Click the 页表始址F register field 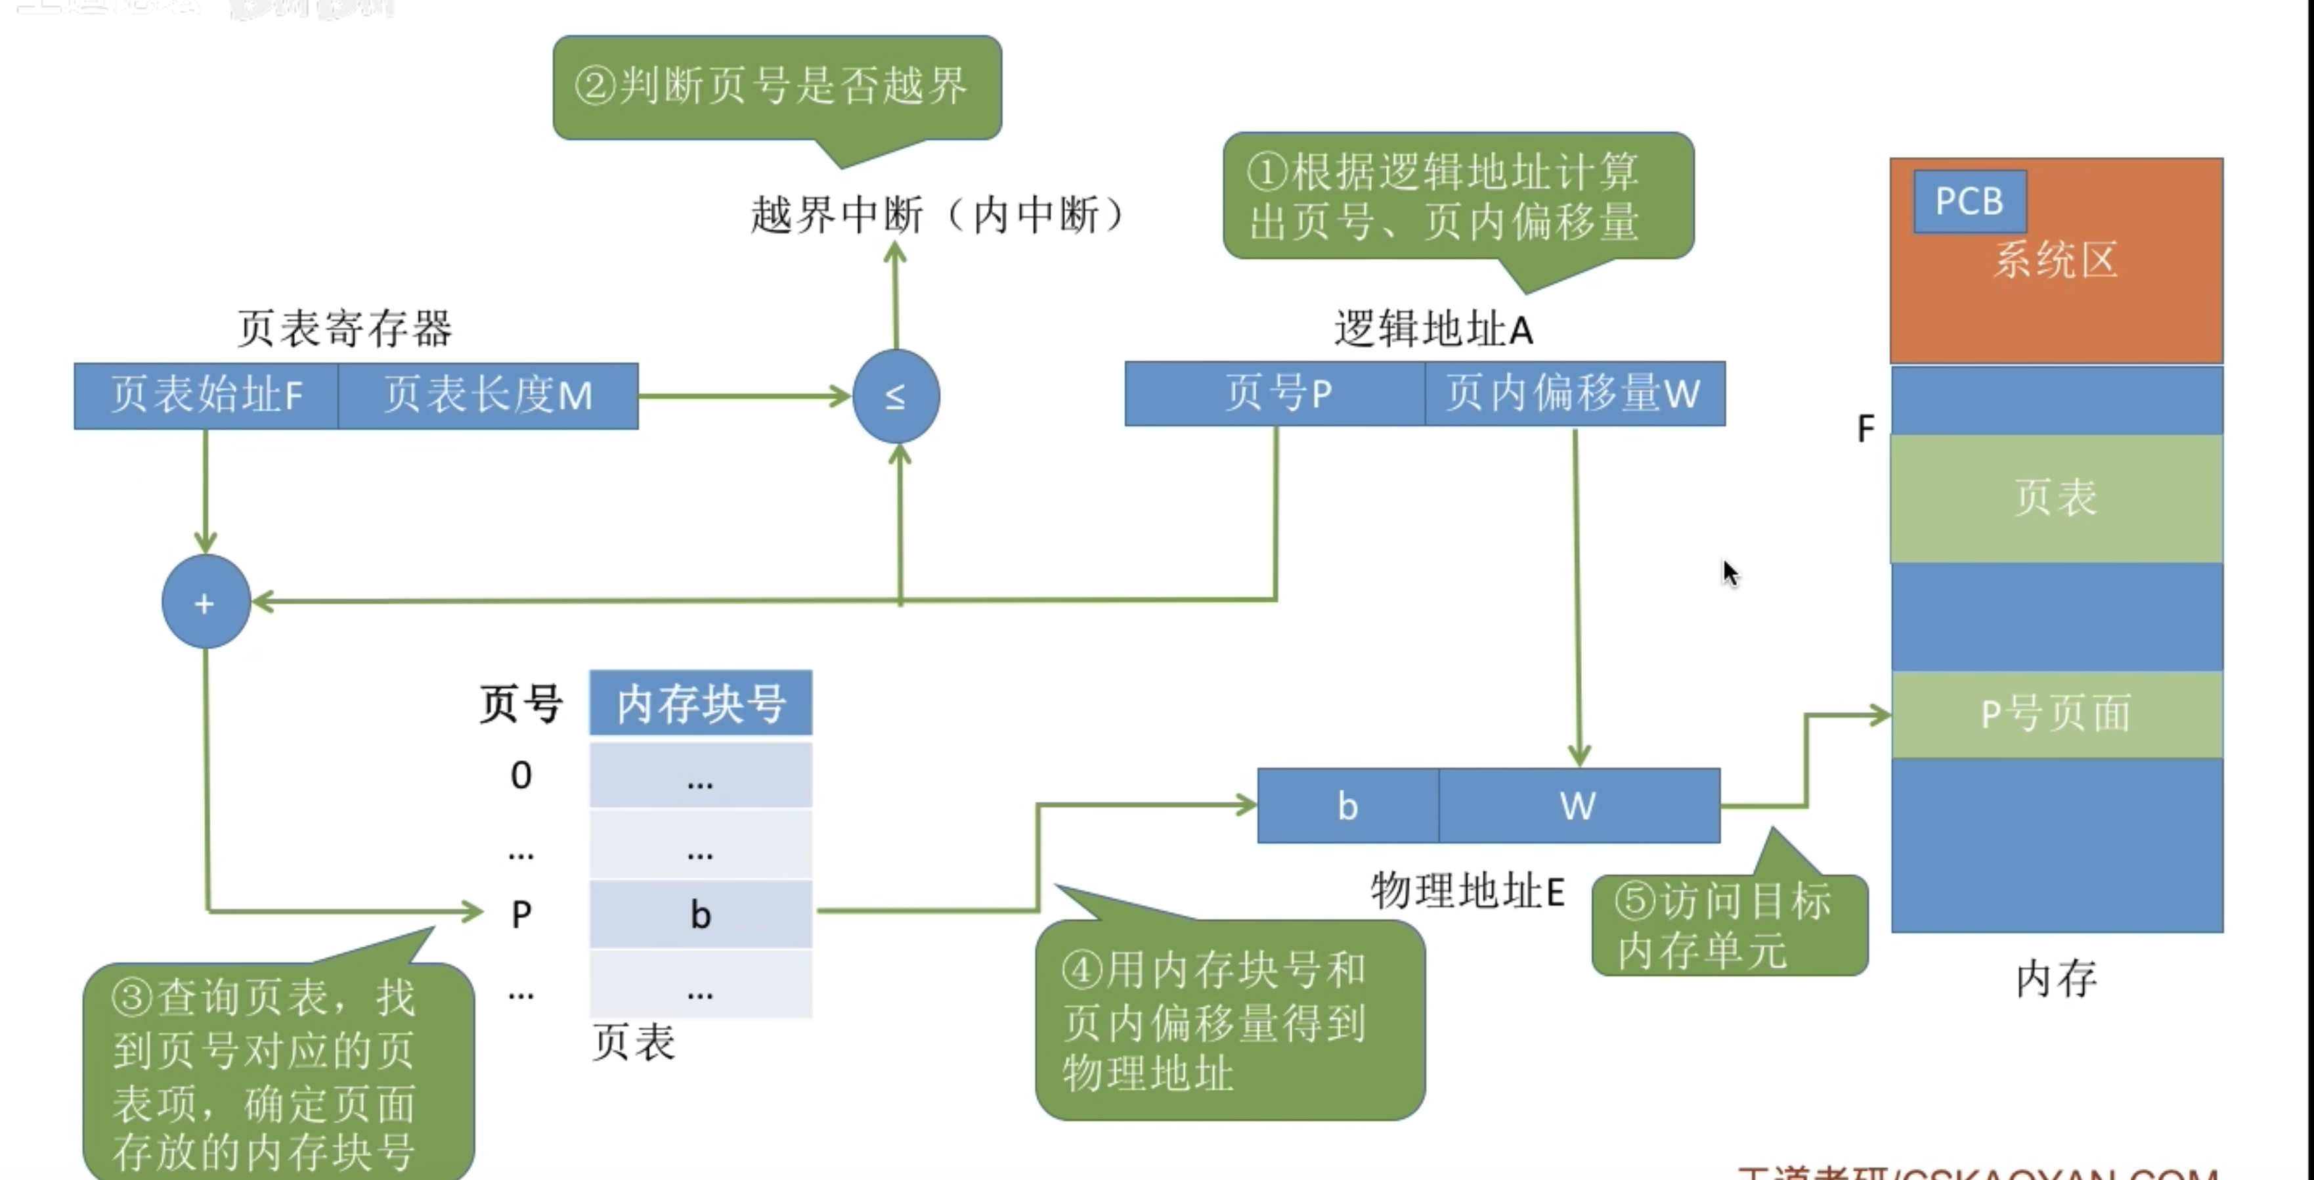point(206,396)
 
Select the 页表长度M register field point(488,396)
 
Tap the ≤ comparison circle point(896,396)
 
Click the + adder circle point(206,602)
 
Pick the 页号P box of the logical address point(1276,394)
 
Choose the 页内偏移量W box point(1574,394)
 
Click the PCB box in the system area point(1969,201)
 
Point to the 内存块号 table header point(701,703)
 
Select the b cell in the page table point(701,915)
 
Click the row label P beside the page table point(521,915)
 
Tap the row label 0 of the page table point(521,775)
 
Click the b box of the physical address point(1347,806)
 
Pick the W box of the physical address point(1579,806)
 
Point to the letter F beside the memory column point(1866,428)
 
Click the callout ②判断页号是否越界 point(777,87)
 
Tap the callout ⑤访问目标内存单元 point(1728,926)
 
